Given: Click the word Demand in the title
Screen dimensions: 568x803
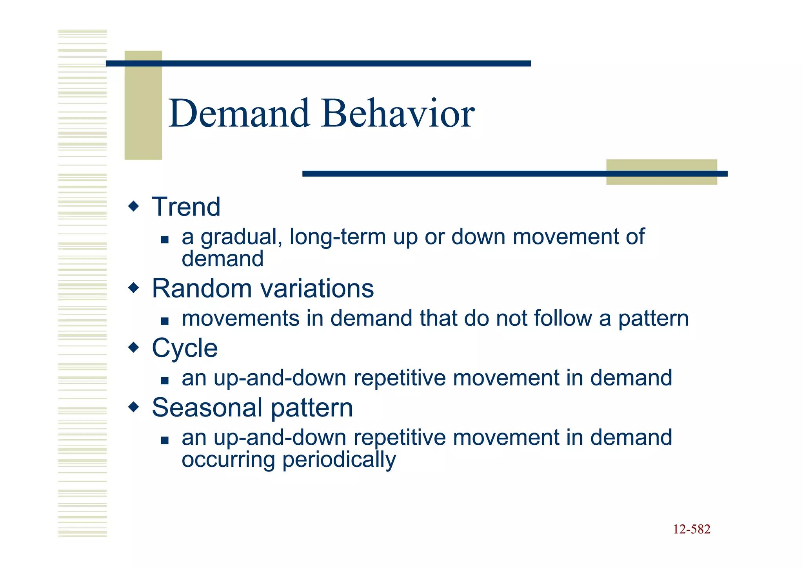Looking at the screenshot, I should [239, 114].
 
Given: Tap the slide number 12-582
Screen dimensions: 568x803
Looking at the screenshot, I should [691, 529].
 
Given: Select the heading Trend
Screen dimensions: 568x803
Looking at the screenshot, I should [186, 207].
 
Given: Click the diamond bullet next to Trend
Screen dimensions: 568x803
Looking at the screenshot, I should [134, 206].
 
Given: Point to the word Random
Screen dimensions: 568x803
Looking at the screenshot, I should [202, 289].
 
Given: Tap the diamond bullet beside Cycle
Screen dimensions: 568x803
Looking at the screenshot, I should [134, 347].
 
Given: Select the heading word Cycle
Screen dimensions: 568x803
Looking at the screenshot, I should [185, 348].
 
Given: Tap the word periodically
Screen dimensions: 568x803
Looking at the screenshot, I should [339, 460].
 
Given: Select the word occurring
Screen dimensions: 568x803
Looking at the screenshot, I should [228, 460].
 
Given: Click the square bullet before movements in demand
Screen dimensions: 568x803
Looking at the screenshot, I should [165, 321].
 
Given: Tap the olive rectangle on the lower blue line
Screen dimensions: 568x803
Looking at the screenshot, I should [661, 172].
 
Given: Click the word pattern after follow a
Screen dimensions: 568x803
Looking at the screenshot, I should [653, 319].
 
